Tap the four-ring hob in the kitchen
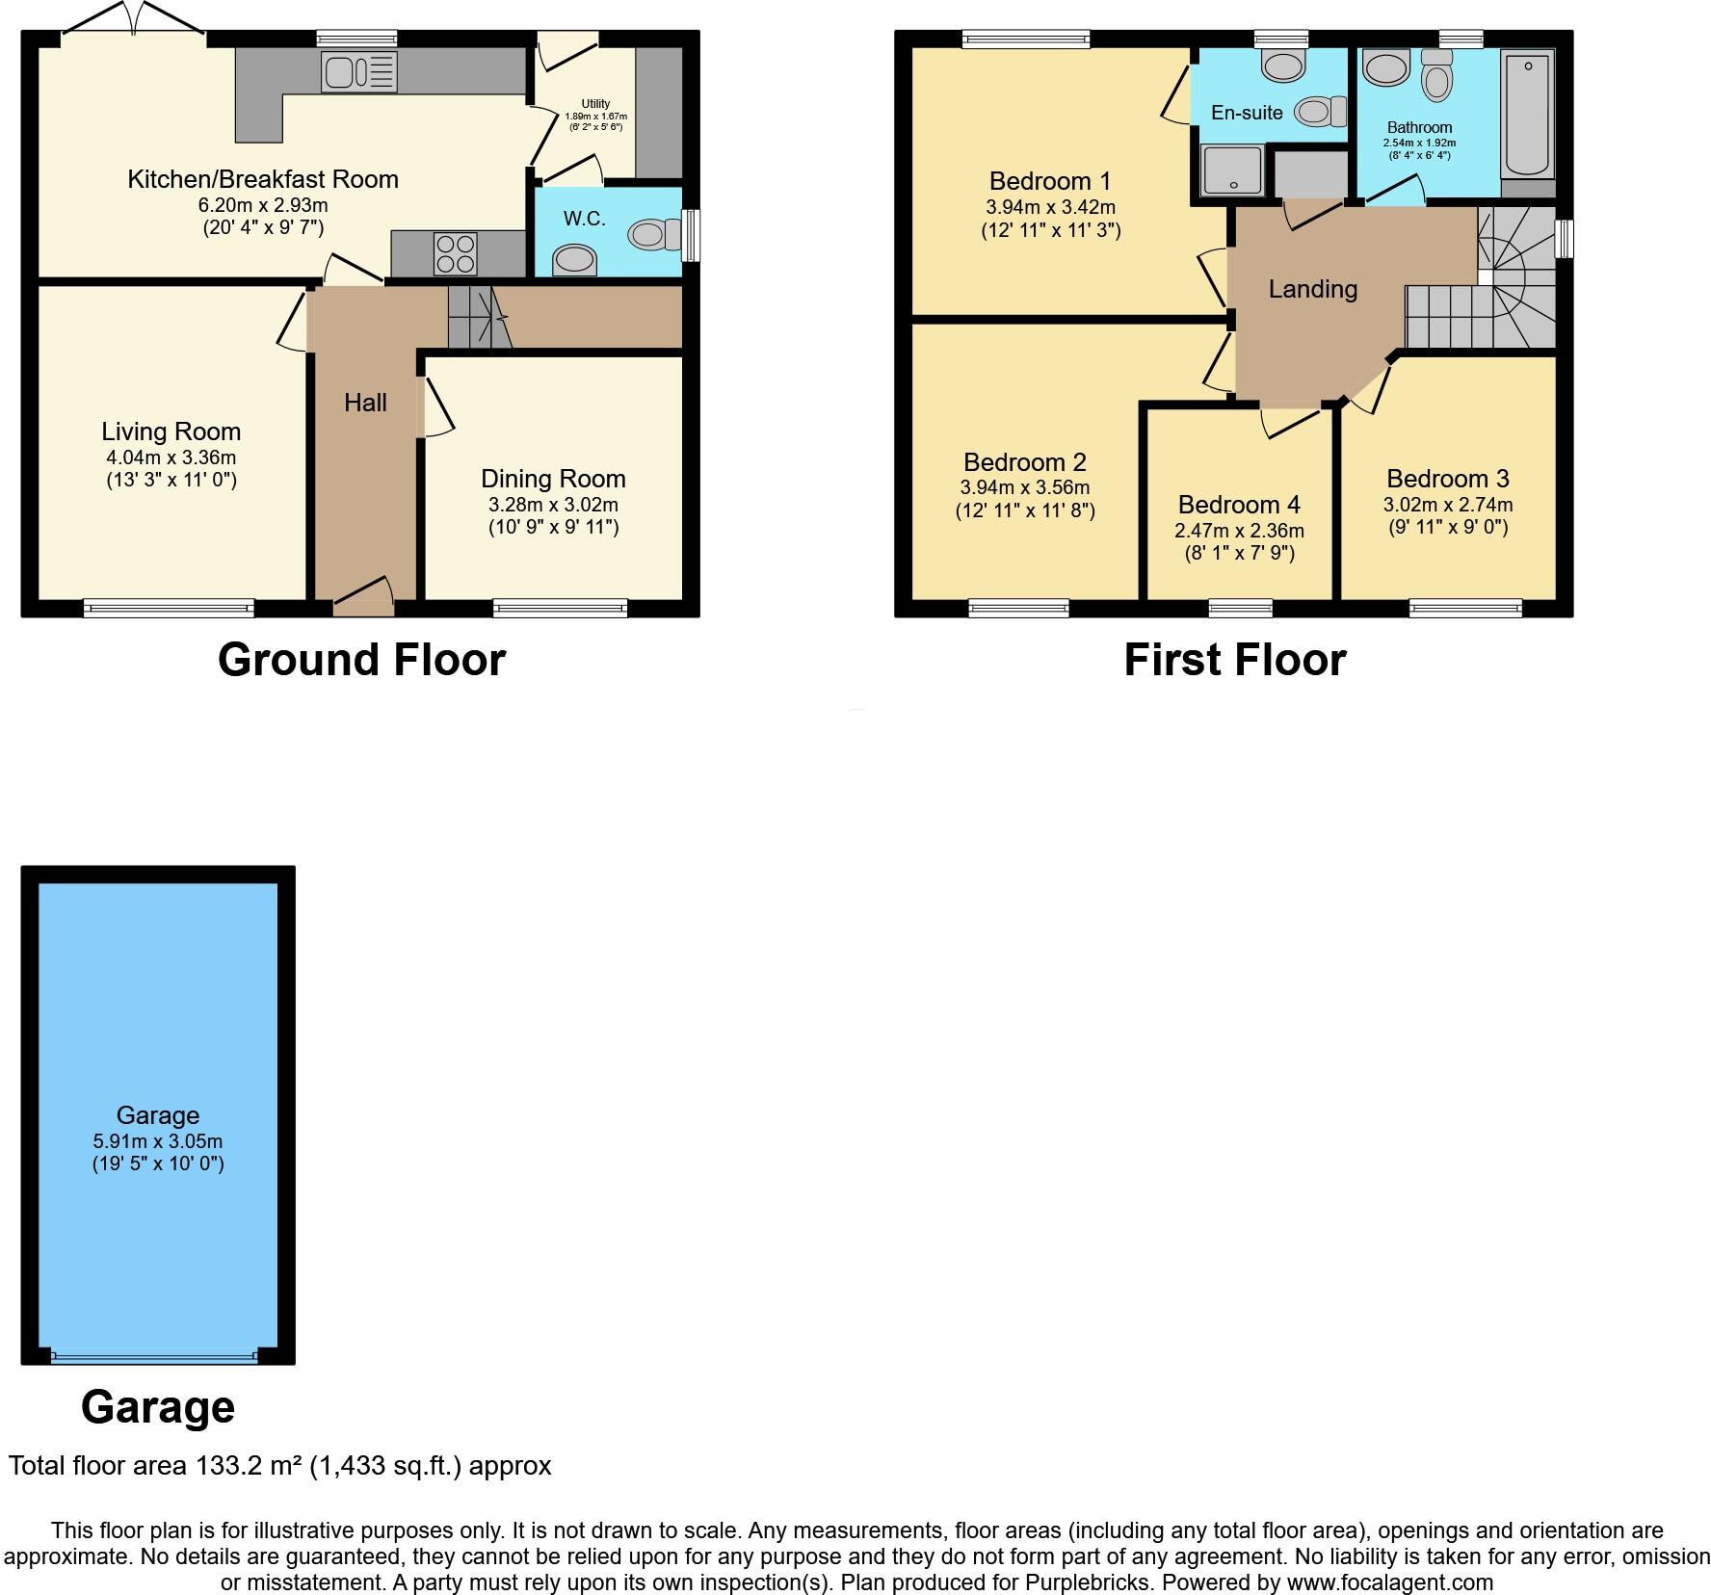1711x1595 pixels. click(x=456, y=253)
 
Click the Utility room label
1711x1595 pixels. click(x=595, y=104)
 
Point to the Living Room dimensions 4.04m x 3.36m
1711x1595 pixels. click(x=171, y=458)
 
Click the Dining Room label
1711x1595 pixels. click(x=553, y=479)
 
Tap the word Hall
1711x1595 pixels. click(x=365, y=403)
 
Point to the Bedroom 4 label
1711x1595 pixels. click(x=1239, y=505)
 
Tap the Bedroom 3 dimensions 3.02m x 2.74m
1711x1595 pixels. click(x=1448, y=505)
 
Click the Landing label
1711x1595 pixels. click(x=1312, y=289)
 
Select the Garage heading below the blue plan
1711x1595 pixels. click(x=158, y=1407)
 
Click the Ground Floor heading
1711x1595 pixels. click(x=361, y=660)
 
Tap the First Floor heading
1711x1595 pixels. click(x=1234, y=660)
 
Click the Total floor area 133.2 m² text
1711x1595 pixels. click(x=279, y=1466)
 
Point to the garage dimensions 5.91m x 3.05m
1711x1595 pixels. click(x=158, y=1141)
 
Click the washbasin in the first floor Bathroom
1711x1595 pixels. click(x=1385, y=69)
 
